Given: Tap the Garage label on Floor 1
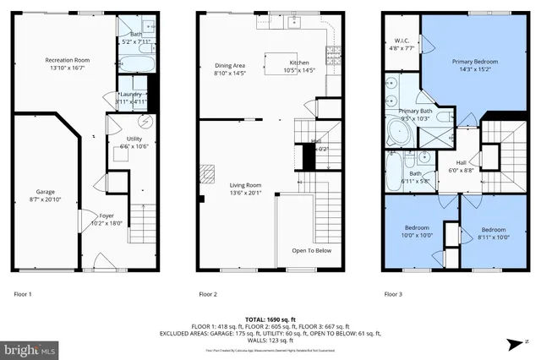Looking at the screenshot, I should [44, 191].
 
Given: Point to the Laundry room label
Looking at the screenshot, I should [132, 94].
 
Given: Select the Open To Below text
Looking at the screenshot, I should [311, 251].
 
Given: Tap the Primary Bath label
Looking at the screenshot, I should [415, 112].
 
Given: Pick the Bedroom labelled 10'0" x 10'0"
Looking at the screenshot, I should [417, 228].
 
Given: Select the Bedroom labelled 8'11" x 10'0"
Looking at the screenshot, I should [492, 230].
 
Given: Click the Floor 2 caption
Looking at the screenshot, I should [208, 294].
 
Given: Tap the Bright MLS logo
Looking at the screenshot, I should [30, 348].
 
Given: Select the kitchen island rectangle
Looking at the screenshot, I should [281, 63].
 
